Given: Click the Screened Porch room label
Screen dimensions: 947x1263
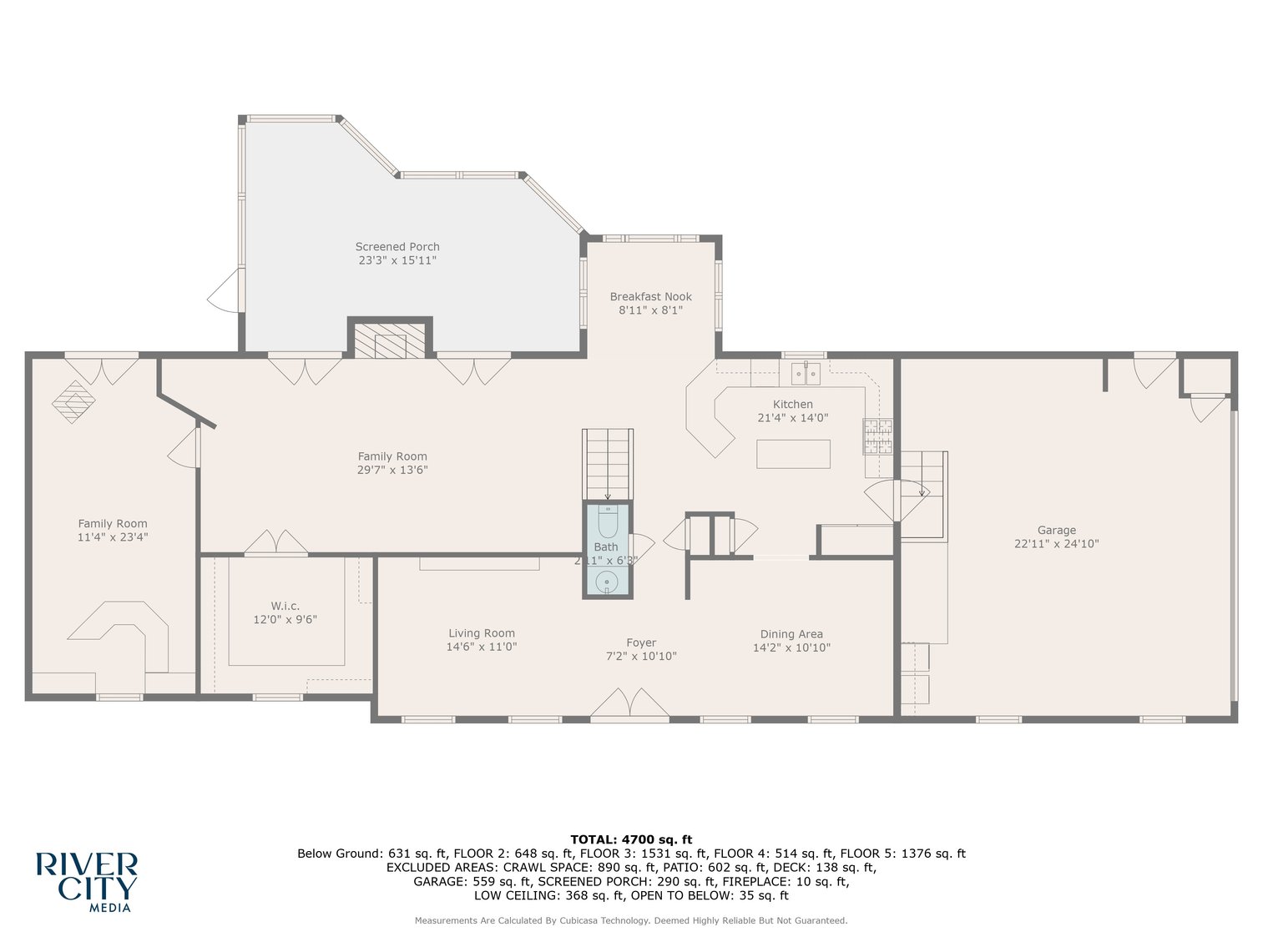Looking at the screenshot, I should pos(397,247).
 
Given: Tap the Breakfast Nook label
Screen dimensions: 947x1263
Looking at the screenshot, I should pos(650,297).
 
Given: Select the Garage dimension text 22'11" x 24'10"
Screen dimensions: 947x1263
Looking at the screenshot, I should pos(1056,544).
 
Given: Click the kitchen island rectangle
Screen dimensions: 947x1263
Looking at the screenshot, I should pos(793,454).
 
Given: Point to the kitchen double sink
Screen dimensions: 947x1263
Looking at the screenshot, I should pos(806,374).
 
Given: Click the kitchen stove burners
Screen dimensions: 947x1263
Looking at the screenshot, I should pos(877,436).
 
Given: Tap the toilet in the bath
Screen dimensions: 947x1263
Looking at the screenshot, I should pos(607,523).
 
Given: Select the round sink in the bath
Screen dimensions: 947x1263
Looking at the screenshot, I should pos(607,581).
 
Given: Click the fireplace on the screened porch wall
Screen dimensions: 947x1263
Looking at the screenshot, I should pos(390,340).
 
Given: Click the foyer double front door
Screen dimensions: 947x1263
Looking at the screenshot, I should pos(629,703).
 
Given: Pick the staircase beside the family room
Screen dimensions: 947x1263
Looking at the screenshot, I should pos(607,463).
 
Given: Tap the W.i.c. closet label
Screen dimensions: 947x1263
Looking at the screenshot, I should pos(285,606).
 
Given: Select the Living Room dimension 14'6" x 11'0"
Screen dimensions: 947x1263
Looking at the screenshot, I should pos(482,647).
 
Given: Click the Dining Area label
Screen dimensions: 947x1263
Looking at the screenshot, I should pos(791,634).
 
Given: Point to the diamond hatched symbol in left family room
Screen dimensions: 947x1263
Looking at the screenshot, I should pos(73,401).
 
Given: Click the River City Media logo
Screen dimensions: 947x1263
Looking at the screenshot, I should pos(86,881).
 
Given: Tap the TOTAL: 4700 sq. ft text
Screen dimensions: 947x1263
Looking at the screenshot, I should pos(631,839).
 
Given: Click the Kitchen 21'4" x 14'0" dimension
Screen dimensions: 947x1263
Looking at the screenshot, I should pos(792,418).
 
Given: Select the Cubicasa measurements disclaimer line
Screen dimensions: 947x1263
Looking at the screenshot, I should pos(631,921).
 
